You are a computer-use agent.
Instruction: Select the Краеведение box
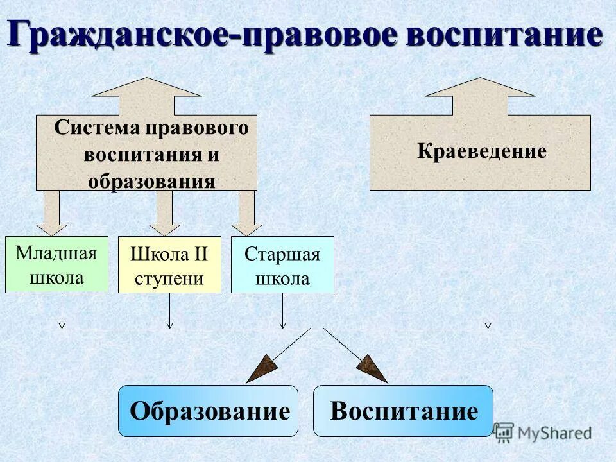coord(480,152)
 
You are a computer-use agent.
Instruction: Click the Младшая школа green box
coord(56,264)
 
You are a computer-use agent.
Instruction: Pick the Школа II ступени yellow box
coord(169,264)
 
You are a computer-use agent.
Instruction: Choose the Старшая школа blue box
coord(282,264)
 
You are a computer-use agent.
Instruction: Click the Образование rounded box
coord(209,411)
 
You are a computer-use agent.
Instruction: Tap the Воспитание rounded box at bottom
coord(403,411)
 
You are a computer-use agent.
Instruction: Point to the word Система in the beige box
coord(96,127)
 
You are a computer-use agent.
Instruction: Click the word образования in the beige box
coord(151,181)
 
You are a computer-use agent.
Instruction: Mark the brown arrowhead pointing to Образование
coord(262,370)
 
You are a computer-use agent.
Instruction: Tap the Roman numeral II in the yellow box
coord(198,254)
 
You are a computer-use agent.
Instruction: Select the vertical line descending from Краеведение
coord(488,257)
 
